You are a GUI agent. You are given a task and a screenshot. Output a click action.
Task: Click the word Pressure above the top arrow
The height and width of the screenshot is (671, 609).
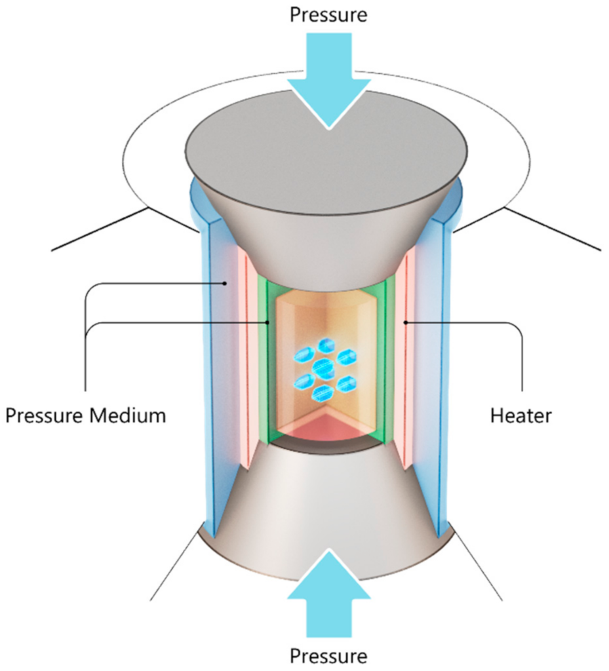click(328, 14)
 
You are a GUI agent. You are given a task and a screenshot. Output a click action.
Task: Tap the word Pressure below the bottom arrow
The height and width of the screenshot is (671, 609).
click(328, 655)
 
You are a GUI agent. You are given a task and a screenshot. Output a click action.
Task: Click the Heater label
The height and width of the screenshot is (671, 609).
click(521, 415)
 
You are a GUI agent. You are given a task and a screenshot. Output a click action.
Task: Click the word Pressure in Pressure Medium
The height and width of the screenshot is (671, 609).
click(45, 415)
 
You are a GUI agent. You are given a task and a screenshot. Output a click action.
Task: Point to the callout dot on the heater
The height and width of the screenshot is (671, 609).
click(406, 322)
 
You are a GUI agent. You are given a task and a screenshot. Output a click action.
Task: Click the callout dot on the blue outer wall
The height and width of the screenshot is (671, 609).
click(225, 283)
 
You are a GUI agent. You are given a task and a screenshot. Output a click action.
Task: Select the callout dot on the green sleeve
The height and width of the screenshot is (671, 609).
click(268, 322)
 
